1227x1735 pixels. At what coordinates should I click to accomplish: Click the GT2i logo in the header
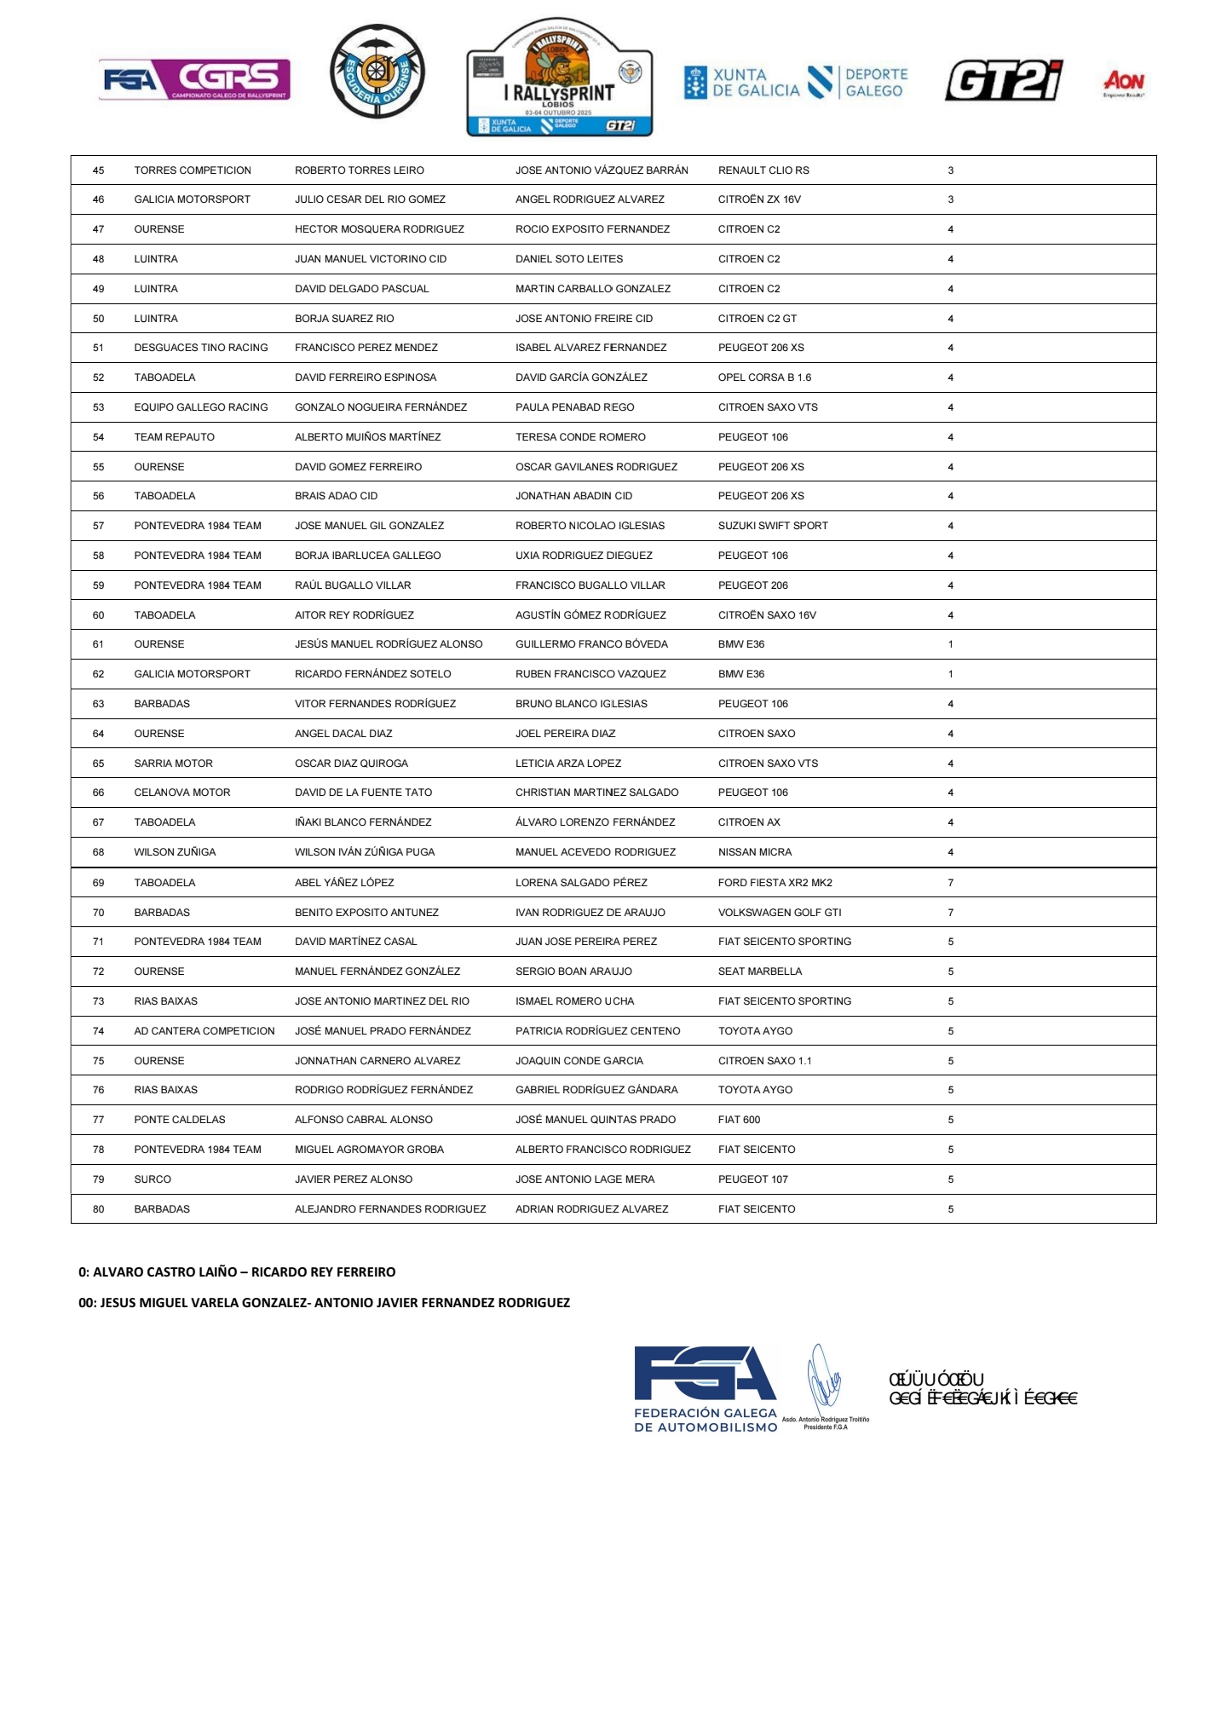pyautogui.click(x=1003, y=81)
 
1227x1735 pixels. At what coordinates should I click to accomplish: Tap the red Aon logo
pyautogui.click(x=1124, y=83)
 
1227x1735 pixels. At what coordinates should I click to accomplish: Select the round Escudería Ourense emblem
pyautogui.click(x=377, y=72)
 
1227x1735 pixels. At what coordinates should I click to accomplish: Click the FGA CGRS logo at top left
pyautogui.click(x=194, y=80)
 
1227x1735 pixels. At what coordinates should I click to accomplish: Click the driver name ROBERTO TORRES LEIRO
pyautogui.click(x=359, y=170)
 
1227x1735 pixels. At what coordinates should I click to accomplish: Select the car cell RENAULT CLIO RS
pyautogui.click(x=763, y=170)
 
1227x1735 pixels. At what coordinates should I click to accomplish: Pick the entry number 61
pyautogui.click(x=99, y=644)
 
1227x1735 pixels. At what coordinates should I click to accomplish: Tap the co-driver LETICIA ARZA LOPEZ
pyautogui.click(x=567, y=764)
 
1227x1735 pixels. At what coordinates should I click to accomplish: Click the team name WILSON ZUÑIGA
pyautogui.click(x=175, y=852)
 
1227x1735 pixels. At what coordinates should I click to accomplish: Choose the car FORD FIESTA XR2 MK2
pyautogui.click(x=775, y=883)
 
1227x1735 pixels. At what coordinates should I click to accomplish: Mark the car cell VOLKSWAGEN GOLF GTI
pyautogui.click(x=779, y=913)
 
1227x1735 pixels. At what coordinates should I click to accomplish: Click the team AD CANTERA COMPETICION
pyautogui.click(x=204, y=1031)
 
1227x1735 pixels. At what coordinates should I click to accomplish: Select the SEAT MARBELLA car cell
pyautogui.click(x=759, y=971)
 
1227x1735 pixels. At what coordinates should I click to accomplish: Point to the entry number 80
pyautogui.click(x=99, y=1209)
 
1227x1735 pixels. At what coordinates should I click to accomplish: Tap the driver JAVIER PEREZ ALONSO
pyautogui.click(x=353, y=1179)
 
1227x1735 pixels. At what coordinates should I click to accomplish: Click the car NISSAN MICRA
pyautogui.click(x=754, y=852)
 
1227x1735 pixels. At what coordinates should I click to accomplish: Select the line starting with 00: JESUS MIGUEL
pyautogui.click(x=324, y=1303)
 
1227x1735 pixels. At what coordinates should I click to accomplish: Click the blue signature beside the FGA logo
pyautogui.click(x=823, y=1377)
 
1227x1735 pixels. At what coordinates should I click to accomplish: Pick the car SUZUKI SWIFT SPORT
pyautogui.click(x=772, y=526)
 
